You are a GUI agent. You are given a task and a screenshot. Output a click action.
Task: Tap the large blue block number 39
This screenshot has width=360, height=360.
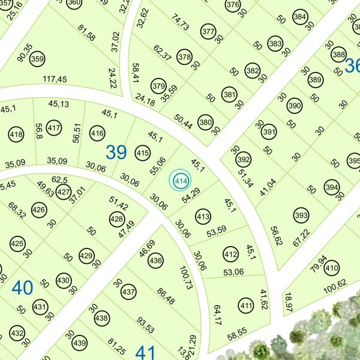(116, 152)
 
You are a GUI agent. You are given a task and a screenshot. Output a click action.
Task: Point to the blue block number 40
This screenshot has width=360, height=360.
(22, 288)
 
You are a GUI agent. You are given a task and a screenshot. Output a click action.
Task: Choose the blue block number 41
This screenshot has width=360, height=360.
(146, 352)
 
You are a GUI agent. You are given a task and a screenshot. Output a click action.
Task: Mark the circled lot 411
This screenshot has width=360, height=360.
(245, 305)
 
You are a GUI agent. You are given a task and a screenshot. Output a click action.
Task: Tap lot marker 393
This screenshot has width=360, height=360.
(301, 215)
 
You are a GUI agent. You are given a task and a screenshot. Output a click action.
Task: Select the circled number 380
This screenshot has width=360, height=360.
(206, 123)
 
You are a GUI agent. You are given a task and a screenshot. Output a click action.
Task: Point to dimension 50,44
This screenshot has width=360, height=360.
(183, 121)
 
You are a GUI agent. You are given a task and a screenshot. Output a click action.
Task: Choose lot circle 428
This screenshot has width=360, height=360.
(117, 220)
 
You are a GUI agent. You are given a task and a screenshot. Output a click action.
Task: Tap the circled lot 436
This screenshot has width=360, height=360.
(155, 260)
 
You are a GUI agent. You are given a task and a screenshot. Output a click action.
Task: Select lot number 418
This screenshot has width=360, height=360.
(16, 134)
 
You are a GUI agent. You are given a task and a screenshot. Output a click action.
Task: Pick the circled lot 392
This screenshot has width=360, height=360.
(243, 160)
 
